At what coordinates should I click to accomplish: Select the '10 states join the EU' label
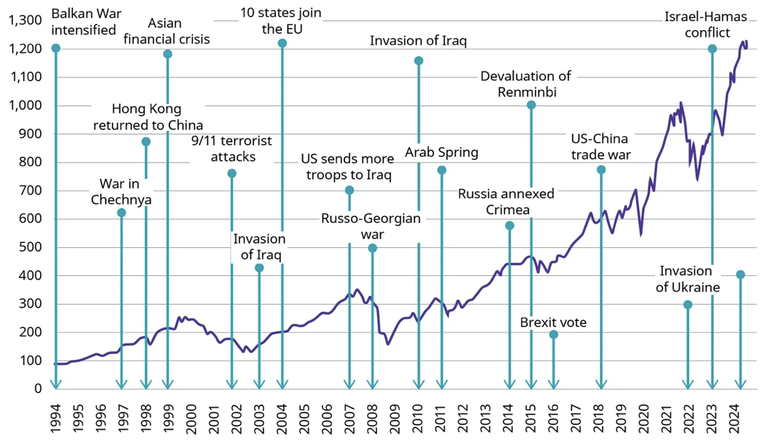pos(281,21)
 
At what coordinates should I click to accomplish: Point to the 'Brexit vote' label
pos(554,322)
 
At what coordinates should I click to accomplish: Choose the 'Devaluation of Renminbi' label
pos(526,84)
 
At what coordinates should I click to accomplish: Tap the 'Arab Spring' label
pos(442,153)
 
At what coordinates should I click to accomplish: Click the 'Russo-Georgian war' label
pos(371,226)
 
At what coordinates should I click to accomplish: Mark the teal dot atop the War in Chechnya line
pos(121,213)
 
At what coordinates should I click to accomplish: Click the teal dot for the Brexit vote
pos(554,335)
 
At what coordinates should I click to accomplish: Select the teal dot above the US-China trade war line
pos(601,170)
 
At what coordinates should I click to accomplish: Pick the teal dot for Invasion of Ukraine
pos(688,305)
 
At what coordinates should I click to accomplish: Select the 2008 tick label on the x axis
pos(372,418)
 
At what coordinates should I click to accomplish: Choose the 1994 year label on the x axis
pos(56,418)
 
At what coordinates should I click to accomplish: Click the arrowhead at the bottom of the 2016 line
pos(554,384)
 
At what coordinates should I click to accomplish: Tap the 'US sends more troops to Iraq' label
pos(346,167)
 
